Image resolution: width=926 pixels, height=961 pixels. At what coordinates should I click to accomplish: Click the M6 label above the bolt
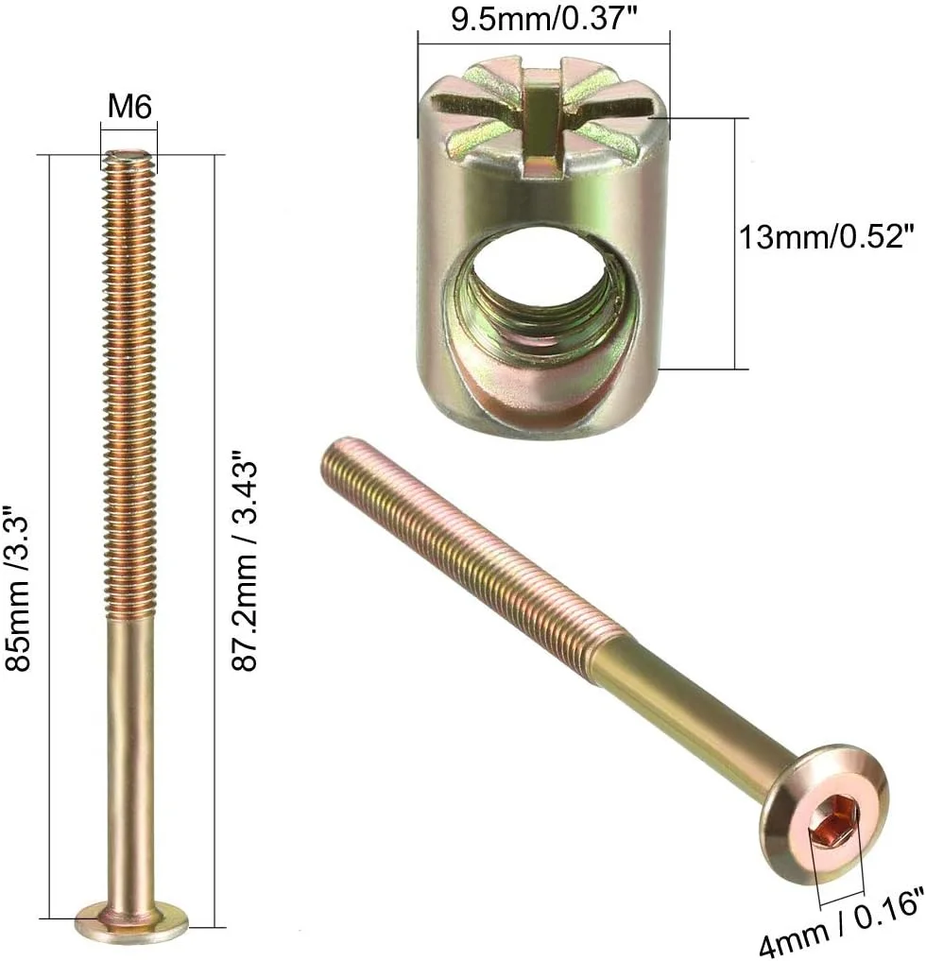coord(129,106)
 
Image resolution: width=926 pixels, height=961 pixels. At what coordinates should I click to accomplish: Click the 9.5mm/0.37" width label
coord(544,19)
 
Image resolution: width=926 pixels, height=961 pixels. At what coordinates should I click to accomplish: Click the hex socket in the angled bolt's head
coord(834,819)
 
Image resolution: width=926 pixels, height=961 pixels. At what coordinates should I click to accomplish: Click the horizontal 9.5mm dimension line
coord(544,43)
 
